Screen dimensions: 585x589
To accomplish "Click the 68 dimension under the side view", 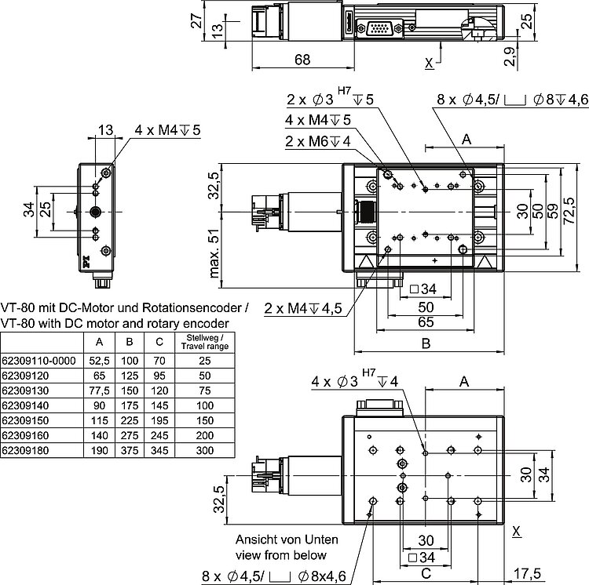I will pyautogui.click(x=302, y=59).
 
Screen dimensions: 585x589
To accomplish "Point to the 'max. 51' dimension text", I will pyautogui.click(x=214, y=254).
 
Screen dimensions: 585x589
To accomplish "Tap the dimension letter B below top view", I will pyautogui.click(x=425, y=343).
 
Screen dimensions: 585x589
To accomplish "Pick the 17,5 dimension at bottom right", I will pyautogui.click(x=526, y=573).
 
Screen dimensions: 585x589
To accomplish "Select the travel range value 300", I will pyautogui.click(x=204, y=451).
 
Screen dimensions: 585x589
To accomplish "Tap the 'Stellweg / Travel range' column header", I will pyautogui.click(x=204, y=341).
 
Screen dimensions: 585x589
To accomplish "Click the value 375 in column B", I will pyautogui.click(x=128, y=451).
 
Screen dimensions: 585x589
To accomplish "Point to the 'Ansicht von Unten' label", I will pyautogui.click(x=287, y=540).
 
